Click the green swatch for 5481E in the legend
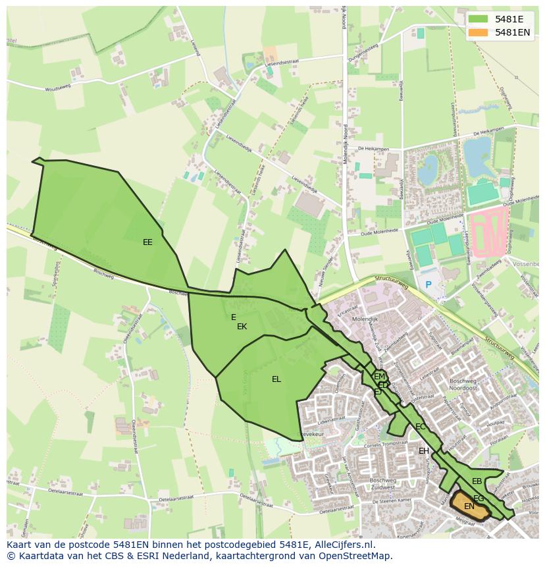[x=479, y=19]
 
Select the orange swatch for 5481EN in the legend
[x=479, y=32]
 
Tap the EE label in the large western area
[x=147, y=242]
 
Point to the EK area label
[x=242, y=327]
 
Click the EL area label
[x=276, y=379]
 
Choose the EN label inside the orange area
[x=469, y=506]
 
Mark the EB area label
[x=477, y=481]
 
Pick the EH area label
[x=424, y=451]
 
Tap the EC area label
[x=420, y=427]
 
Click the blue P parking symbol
[x=428, y=284]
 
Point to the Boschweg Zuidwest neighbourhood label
[x=386, y=484]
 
